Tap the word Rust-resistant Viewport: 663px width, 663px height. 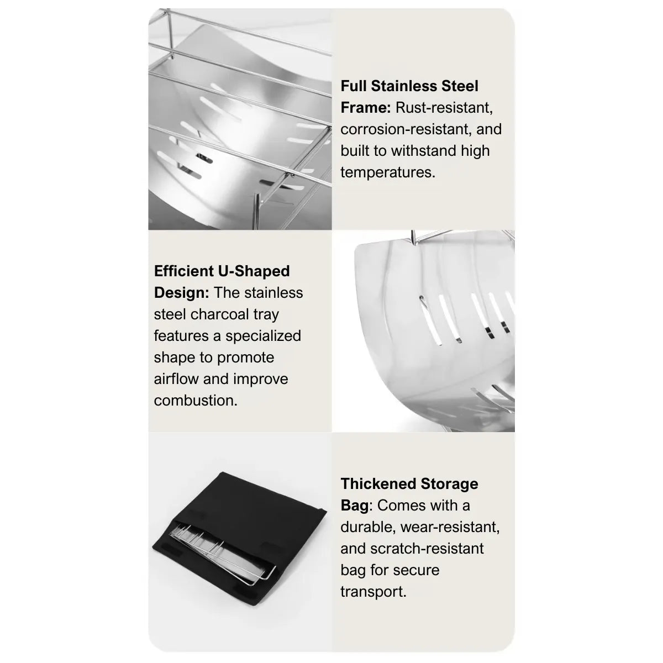coord(444,108)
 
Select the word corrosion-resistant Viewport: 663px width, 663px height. coord(402,129)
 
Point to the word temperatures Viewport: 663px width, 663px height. coord(388,172)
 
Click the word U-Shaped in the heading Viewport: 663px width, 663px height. coord(254,271)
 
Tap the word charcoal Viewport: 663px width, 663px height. coord(220,314)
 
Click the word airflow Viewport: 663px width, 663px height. coord(176,379)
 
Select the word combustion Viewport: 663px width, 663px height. coord(196,401)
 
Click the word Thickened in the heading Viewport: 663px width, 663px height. coord(378,484)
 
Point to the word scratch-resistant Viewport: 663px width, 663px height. coord(427,549)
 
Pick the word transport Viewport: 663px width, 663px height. coord(373,592)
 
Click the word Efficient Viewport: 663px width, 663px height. coord(184,271)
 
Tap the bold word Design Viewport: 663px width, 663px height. coord(181,293)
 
